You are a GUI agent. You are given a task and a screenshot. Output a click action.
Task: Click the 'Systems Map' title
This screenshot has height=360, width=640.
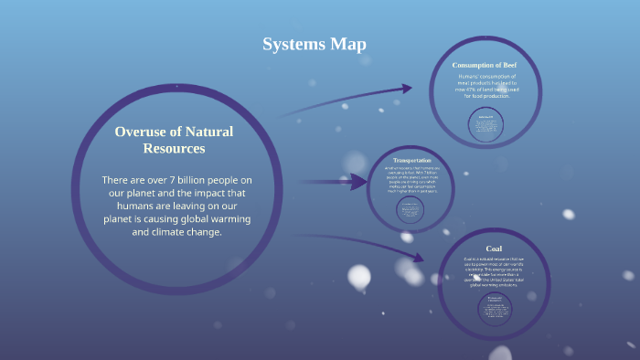pyautogui.click(x=314, y=44)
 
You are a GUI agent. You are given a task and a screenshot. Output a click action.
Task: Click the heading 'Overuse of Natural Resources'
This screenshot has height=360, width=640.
pyautogui.click(x=174, y=139)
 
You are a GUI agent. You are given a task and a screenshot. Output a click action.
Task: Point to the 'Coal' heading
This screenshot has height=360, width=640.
pyautogui.click(x=494, y=249)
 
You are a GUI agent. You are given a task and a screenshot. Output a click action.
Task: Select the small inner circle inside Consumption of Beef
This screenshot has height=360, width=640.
pyautogui.click(x=485, y=125)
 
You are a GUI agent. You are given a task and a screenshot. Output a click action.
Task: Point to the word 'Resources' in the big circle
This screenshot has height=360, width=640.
pyautogui.click(x=174, y=147)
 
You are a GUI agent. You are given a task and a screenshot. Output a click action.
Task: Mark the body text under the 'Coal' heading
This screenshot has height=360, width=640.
pyautogui.click(x=494, y=271)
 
